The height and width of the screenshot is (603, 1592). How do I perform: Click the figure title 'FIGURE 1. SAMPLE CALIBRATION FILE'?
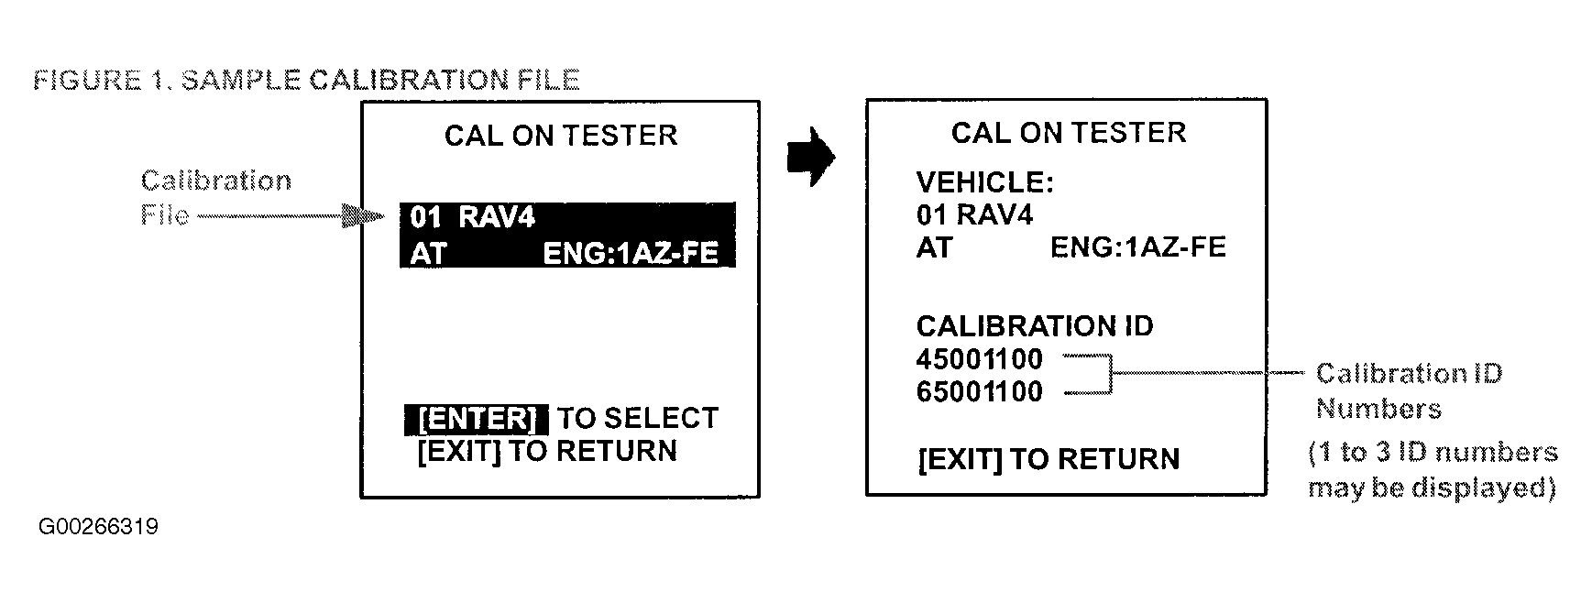tap(306, 80)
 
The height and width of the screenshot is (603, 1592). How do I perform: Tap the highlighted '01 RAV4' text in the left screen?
tap(472, 217)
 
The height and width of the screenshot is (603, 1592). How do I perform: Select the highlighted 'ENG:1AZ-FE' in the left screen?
tap(631, 253)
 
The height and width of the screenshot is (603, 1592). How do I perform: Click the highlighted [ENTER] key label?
tap(477, 419)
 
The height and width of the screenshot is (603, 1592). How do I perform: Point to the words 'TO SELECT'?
tap(639, 419)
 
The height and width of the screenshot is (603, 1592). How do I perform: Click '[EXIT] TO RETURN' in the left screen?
tap(547, 451)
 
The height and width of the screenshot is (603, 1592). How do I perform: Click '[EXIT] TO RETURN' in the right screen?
tap(1048, 459)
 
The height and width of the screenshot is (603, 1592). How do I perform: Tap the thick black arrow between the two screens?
tap(811, 158)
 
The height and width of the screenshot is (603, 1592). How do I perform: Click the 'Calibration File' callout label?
tap(215, 197)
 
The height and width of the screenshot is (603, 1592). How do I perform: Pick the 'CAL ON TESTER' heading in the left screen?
tap(561, 136)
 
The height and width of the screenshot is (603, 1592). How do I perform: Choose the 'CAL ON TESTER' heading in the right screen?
tap(1069, 133)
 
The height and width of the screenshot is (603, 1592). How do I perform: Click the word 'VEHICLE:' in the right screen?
tap(985, 182)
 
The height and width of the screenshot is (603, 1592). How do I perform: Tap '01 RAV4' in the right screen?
tap(974, 214)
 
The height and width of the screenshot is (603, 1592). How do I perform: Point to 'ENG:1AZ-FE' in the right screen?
tap(1137, 247)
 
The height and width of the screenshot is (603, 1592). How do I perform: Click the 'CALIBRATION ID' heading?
tap(1035, 326)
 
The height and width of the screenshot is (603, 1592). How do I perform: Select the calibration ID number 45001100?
tap(980, 359)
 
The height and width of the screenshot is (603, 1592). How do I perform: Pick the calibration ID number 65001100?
tap(980, 392)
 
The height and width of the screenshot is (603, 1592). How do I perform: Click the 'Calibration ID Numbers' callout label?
tap(1409, 390)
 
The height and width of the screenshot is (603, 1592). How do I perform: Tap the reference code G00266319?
tap(98, 528)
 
